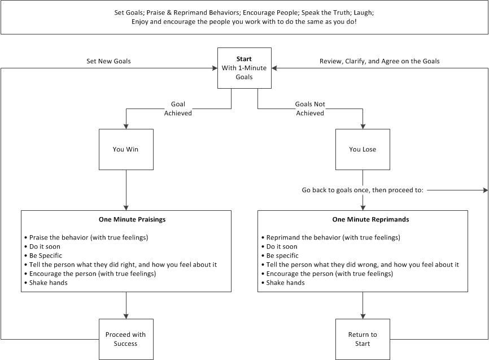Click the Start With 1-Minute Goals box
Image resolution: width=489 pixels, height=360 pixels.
coord(244,68)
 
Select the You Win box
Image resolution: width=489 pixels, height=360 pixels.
coord(125,150)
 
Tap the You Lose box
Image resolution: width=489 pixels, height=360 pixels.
coord(363,150)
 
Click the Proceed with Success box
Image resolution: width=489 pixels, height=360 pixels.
coord(125,339)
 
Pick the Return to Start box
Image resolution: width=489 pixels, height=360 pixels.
coord(363,339)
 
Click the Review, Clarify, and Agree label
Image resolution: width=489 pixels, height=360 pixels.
coord(379,61)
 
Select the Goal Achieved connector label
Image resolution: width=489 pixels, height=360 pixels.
coord(178,109)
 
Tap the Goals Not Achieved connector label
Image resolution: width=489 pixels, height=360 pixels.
coord(310,109)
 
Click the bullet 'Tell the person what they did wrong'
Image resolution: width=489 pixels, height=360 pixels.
coord(362,264)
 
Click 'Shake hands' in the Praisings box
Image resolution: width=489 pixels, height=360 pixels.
coord(48,283)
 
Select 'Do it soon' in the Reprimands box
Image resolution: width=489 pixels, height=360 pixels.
coord(281,246)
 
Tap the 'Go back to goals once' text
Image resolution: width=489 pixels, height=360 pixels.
coord(362,190)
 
